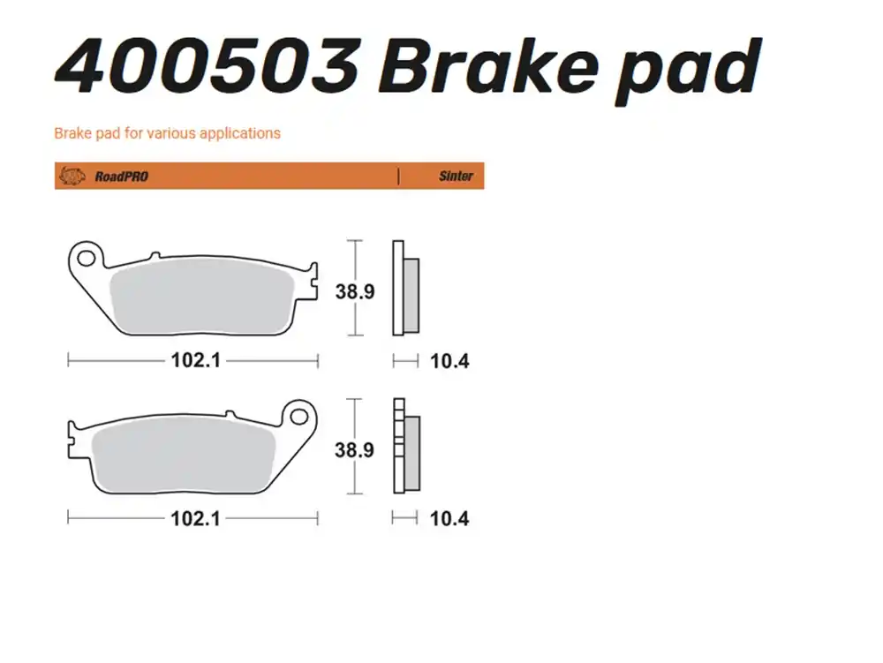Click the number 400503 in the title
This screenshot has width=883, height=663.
[x=208, y=66]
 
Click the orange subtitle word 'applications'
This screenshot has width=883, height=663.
[x=239, y=133]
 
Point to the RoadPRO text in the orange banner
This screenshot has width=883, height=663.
[x=121, y=177]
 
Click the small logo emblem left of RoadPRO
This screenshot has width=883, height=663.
[x=71, y=177]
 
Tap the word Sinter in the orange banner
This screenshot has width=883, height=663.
[x=456, y=177]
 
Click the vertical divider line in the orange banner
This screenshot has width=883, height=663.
[x=398, y=177]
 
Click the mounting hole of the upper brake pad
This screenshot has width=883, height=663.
[x=87, y=258]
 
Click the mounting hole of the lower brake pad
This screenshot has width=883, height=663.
[x=299, y=415]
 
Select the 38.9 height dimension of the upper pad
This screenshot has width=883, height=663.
[x=354, y=291]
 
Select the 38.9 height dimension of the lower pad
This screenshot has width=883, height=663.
[x=354, y=450]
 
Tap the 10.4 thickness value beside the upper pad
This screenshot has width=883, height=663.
[x=449, y=361]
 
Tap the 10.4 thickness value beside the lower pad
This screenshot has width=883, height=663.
[x=449, y=518]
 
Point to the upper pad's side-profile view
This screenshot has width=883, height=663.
[x=405, y=289]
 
